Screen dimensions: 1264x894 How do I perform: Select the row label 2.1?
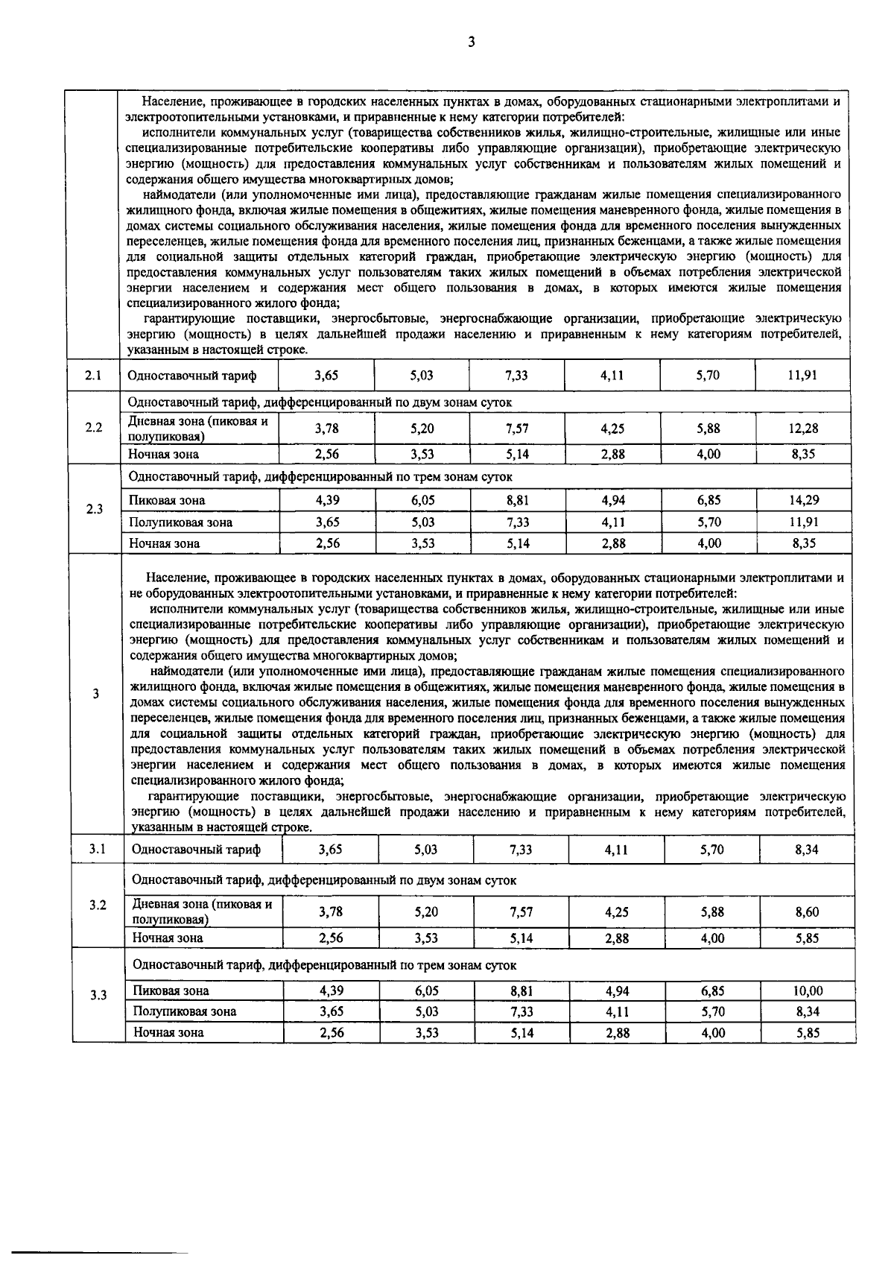click(93, 376)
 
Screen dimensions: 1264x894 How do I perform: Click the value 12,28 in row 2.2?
click(803, 429)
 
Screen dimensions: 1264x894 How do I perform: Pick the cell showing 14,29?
click(803, 500)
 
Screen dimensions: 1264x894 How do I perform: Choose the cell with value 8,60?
click(807, 911)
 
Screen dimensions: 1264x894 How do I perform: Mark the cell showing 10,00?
click(808, 991)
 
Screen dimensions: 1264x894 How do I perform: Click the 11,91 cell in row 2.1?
click(802, 376)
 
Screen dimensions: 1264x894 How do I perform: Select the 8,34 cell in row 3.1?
click(807, 850)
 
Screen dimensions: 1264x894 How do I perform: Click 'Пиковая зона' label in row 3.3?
click(171, 991)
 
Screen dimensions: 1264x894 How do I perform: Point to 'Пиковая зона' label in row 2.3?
click(167, 500)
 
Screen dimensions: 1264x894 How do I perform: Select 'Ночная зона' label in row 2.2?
click(163, 454)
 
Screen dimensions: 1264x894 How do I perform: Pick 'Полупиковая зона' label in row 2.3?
click(180, 522)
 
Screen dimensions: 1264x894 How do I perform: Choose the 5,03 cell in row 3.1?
click(426, 850)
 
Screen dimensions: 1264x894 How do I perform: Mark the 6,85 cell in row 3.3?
click(712, 991)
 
